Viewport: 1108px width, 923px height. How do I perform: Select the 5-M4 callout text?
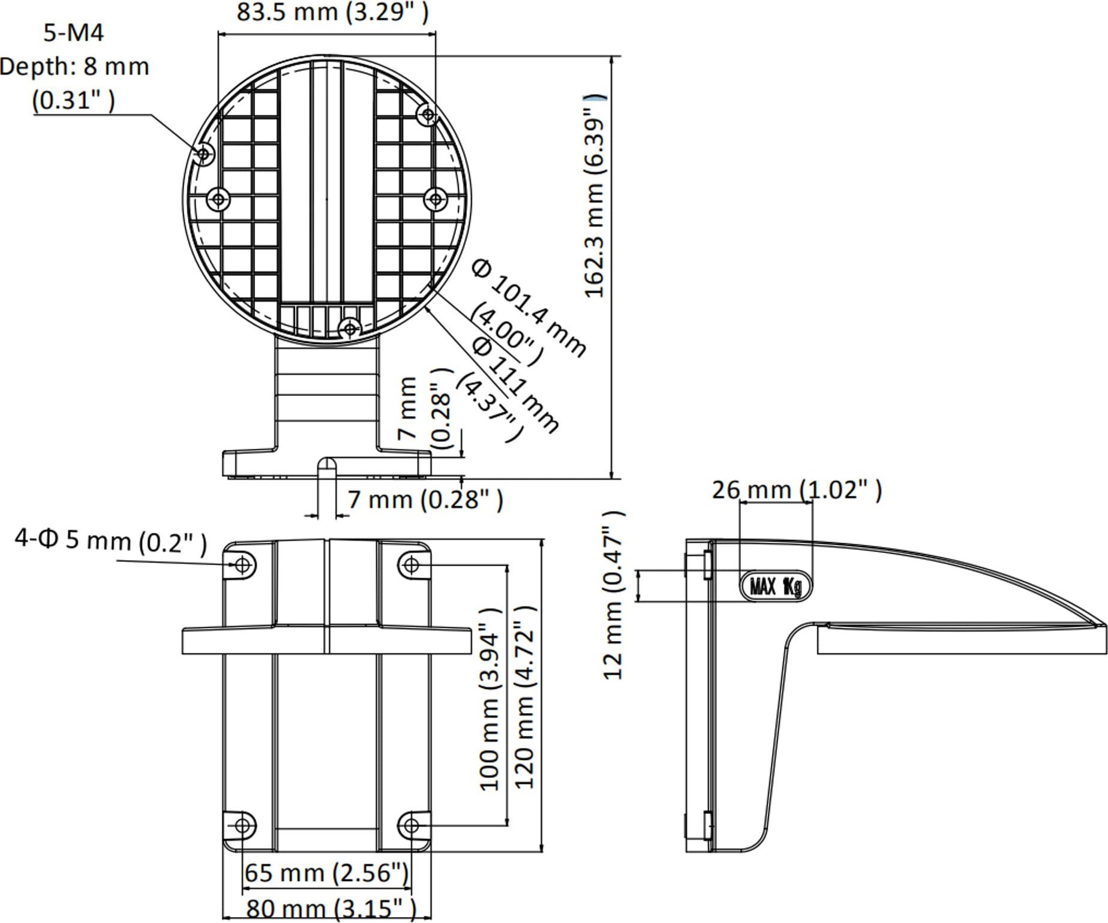coord(74,32)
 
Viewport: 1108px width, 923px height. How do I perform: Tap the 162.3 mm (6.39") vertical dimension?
coord(595,196)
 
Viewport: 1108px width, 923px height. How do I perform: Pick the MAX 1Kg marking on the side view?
coord(776,586)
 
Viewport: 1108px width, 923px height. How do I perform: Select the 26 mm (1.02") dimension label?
coord(797,490)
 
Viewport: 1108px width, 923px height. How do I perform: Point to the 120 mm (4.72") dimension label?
coord(524,698)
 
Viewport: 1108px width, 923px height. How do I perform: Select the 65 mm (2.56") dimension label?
coord(327,873)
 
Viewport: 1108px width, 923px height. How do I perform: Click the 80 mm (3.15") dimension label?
coord(331,909)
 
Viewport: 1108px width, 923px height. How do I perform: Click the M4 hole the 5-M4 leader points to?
coord(203,154)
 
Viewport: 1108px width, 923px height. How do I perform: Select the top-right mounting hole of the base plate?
coord(411,564)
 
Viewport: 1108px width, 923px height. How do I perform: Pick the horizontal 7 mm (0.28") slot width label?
coord(425,499)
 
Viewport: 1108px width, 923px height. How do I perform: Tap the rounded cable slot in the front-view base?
coord(326,467)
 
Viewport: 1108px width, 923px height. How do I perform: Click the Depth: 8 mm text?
coord(75,67)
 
